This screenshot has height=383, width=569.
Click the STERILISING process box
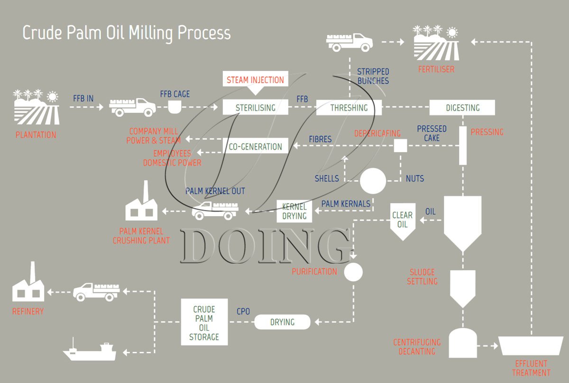(256, 108)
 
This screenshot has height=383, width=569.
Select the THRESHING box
(349, 108)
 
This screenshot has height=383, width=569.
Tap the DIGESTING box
(462, 108)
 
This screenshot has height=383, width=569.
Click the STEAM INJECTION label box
(255, 79)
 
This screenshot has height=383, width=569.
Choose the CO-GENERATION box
(255, 146)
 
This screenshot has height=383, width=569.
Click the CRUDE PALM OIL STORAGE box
(204, 322)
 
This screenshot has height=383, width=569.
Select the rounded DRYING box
(282, 322)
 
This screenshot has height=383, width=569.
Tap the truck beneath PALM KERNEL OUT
(215, 210)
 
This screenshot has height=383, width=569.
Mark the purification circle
(353, 272)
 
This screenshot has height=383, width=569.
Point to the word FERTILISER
(436, 69)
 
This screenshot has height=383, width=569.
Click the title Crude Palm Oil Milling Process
(127, 33)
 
